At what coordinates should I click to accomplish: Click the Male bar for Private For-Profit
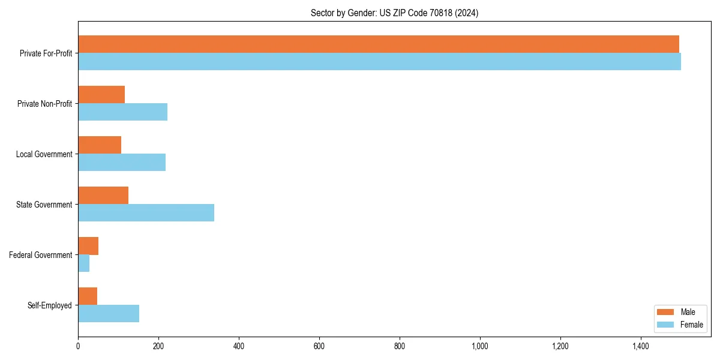click(378, 44)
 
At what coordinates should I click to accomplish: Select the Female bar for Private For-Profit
click(379, 62)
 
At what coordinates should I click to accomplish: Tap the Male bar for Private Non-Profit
click(101, 95)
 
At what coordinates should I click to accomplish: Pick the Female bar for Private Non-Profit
click(122, 112)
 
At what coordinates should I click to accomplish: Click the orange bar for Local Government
click(100, 145)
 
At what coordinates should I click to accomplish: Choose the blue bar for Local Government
click(122, 163)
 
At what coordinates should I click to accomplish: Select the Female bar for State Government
click(146, 213)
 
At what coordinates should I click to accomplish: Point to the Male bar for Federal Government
click(88, 246)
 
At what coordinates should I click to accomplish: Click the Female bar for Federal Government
click(84, 263)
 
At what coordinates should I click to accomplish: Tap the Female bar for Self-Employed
click(109, 314)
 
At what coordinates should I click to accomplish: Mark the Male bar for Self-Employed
click(88, 296)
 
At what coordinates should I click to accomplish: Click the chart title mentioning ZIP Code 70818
click(394, 13)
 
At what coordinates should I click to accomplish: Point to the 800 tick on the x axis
click(400, 346)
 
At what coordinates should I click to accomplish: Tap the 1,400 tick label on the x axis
click(640, 346)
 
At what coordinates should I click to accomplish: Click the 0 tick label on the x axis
click(78, 346)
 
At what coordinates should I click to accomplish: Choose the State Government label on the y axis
click(44, 205)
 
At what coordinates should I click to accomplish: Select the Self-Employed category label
click(49, 305)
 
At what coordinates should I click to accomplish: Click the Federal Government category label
click(41, 255)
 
